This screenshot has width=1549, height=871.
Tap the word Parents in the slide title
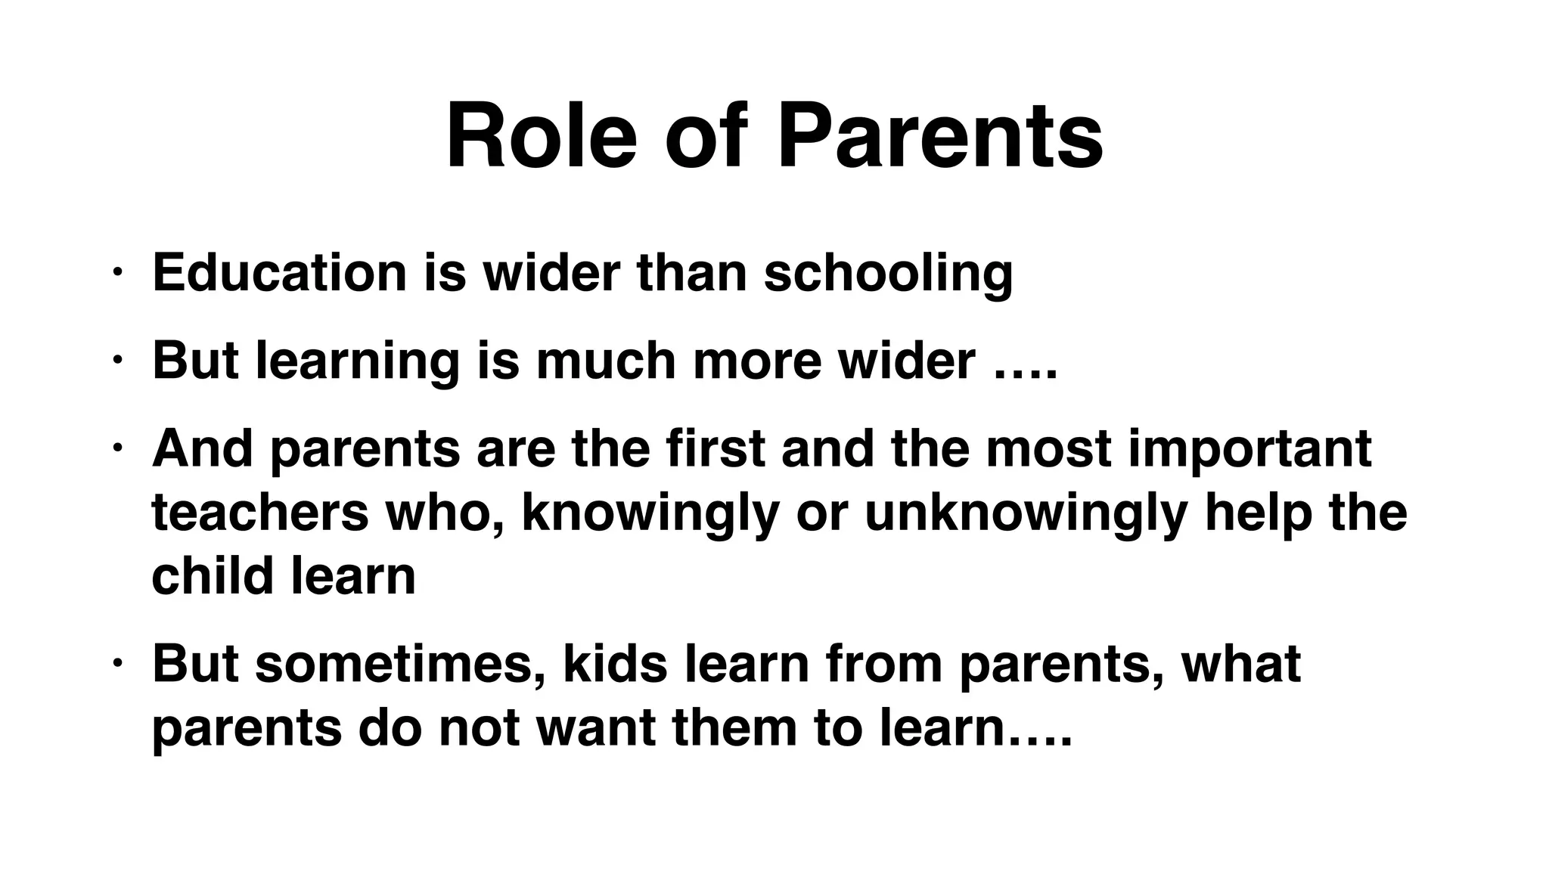[x=940, y=138]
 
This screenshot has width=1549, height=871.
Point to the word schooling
[x=888, y=274]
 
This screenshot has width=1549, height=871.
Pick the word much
[x=606, y=361]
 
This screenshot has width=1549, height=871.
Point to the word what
[x=1241, y=663]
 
